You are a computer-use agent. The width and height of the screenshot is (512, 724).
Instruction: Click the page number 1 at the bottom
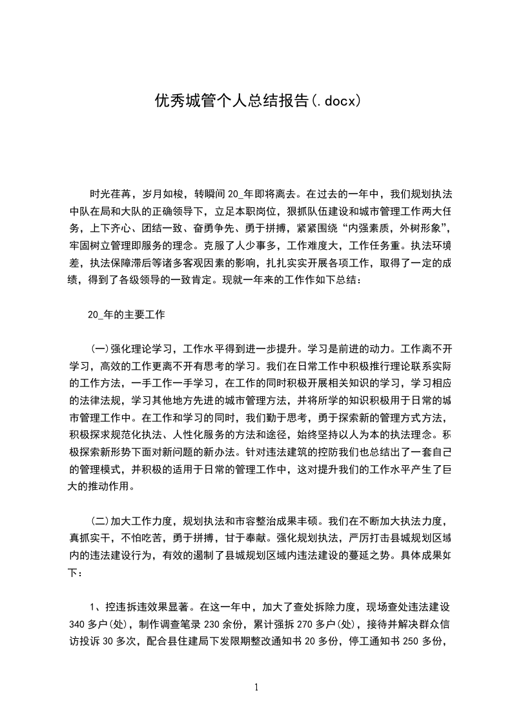[256, 687]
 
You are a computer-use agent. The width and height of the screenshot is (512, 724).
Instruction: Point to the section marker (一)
[100, 350]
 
